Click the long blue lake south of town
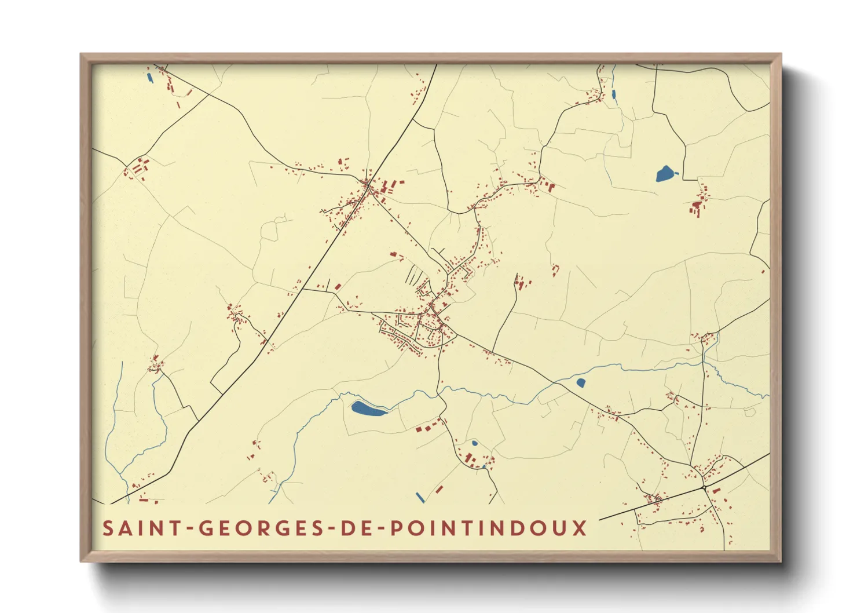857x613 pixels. coord(368,409)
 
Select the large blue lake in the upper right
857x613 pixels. coord(665,173)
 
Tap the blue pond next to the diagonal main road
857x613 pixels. coord(581,382)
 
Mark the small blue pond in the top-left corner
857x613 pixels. coord(149,78)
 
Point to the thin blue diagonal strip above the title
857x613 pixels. coord(420,497)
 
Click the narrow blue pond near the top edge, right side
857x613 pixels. coord(613,94)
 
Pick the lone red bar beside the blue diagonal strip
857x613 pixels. coord(439,490)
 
